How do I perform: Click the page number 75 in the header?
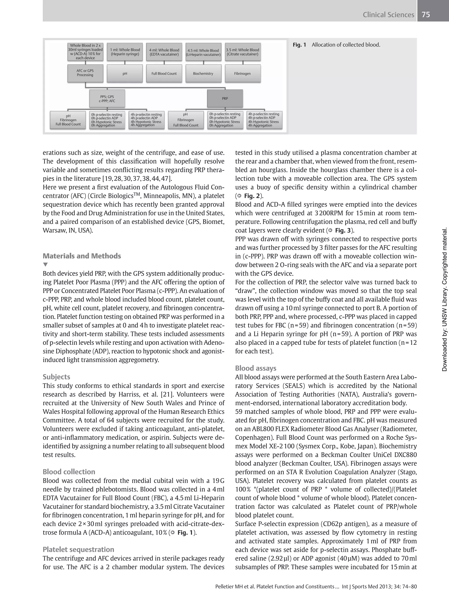[426, 14]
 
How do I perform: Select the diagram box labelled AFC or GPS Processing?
[85, 73]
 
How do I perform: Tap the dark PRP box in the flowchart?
[225, 98]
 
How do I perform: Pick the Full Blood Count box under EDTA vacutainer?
[164, 73]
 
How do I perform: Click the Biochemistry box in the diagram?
[203, 73]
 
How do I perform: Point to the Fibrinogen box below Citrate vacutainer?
[242, 73]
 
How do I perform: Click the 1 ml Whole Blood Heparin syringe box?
[125, 52]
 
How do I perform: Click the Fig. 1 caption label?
[299, 45]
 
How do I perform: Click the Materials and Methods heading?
[82, 256]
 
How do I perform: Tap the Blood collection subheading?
[69, 472]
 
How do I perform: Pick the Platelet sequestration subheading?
[78, 549]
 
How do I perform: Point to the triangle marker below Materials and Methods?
[45, 264]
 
